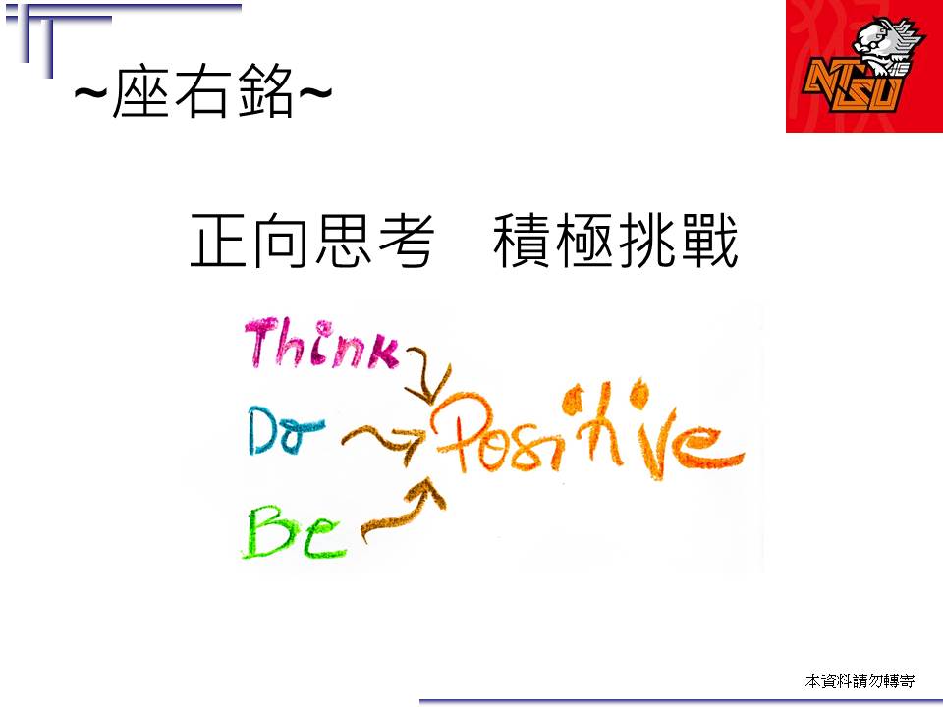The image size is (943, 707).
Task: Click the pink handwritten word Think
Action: (322, 343)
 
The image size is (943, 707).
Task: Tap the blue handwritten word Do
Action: (285, 430)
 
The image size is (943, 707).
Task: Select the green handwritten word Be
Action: (294, 531)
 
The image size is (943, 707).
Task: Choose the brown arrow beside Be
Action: (404, 514)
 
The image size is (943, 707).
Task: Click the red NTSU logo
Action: (864, 66)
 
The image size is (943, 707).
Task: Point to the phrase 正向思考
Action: (312, 241)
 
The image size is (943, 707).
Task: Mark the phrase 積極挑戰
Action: (616, 241)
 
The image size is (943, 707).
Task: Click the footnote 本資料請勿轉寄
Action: (860, 681)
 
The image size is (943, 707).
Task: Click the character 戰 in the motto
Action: (709, 241)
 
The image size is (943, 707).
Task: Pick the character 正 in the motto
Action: (218, 241)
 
